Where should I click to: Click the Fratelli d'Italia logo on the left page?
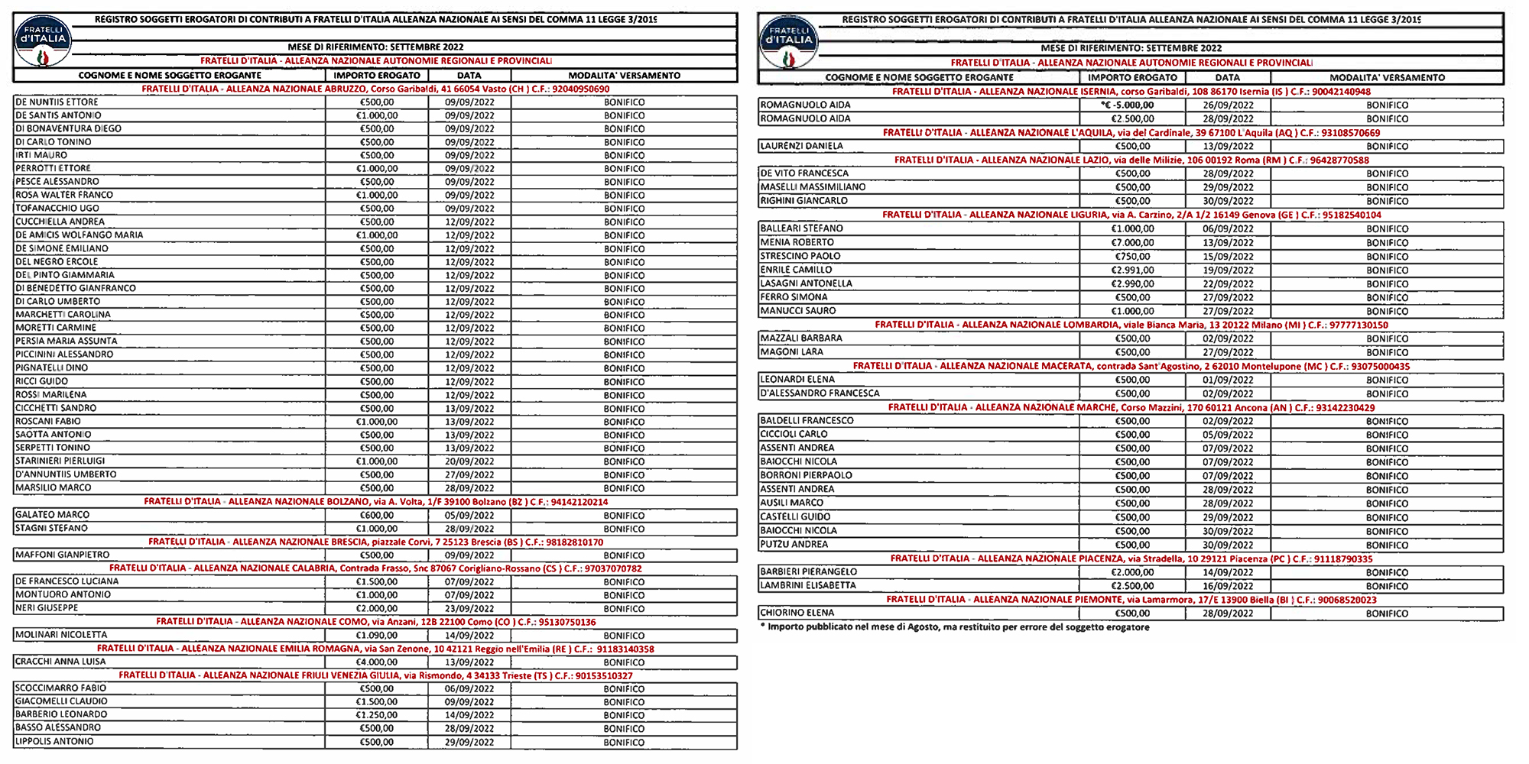[x=43, y=42]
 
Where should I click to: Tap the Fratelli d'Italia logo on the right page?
[x=789, y=44]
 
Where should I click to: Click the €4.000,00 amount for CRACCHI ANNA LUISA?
[x=376, y=662]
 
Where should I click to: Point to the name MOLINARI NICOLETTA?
[x=62, y=635]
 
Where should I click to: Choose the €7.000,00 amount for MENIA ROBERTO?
[x=1132, y=243]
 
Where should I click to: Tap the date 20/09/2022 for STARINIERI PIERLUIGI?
[x=469, y=461]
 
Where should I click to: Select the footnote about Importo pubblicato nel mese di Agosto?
[x=955, y=627]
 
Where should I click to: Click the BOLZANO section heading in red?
[x=376, y=502]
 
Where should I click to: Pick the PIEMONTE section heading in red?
[x=1131, y=600]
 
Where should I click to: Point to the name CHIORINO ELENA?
[x=797, y=613]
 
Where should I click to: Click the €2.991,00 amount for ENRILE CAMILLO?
[x=1132, y=270]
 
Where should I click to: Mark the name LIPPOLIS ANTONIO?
[x=55, y=742]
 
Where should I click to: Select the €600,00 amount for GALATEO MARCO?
[x=376, y=516]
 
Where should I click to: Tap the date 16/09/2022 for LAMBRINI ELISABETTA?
[x=1228, y=586]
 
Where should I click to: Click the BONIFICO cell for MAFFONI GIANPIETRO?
[x=624, y=555]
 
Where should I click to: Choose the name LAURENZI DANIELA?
[x=802, y=146]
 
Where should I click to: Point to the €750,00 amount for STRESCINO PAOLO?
[x=1132, y=257]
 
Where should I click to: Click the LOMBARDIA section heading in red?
[x=1131, y=325]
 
